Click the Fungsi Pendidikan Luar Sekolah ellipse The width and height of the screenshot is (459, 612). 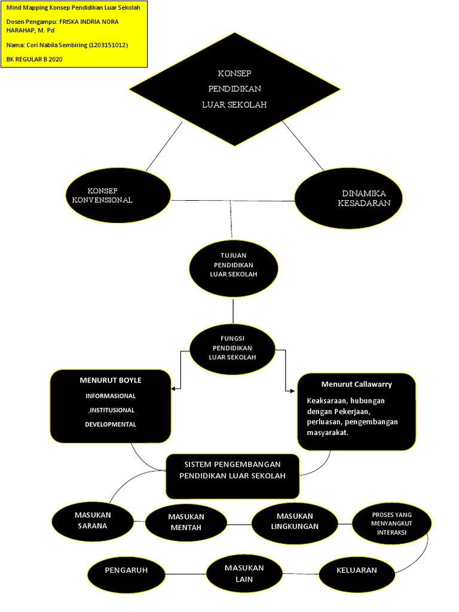point(232,348)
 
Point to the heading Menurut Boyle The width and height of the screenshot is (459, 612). point(111,380)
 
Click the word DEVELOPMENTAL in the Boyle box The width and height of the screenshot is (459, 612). point(111,424)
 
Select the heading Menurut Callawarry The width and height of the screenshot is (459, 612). point(356,384)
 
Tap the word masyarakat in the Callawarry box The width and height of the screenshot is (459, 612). point(327,433)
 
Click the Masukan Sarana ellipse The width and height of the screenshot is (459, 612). point(92,521)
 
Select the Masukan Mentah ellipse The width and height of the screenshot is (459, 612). point(186,522)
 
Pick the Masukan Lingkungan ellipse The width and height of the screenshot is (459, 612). point(294,521)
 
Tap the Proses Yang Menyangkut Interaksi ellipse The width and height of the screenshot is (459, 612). point(391,524)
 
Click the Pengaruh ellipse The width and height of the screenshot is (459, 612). point(126,571)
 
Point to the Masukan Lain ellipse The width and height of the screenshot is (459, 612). point(244,573)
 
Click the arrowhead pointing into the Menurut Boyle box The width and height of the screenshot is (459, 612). point(174,389)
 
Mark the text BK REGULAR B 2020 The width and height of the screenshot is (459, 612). point(34,59)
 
